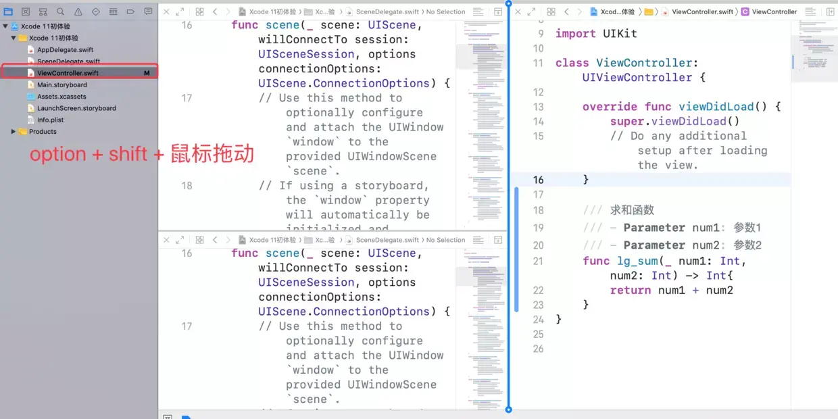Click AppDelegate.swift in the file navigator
tap(65, 50)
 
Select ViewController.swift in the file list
tap(68, 73)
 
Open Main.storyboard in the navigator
tap(62, 85)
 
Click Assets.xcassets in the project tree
tap(61, 97)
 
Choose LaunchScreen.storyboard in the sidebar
tap(76, 108)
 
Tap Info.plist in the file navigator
tap(50, 120)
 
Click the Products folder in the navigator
tap(43, 132)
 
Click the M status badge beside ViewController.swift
tap(147, 73)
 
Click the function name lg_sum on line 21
tap(639, 261)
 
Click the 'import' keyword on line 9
tap(575, 34)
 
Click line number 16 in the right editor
tap(538, 180)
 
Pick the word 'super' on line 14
tap(626, 122)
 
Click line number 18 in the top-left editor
tap(187, 186)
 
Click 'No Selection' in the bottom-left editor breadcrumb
tap(445, 240)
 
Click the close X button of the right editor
tap(518, 12)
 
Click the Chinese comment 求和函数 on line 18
tap(632, 210)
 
